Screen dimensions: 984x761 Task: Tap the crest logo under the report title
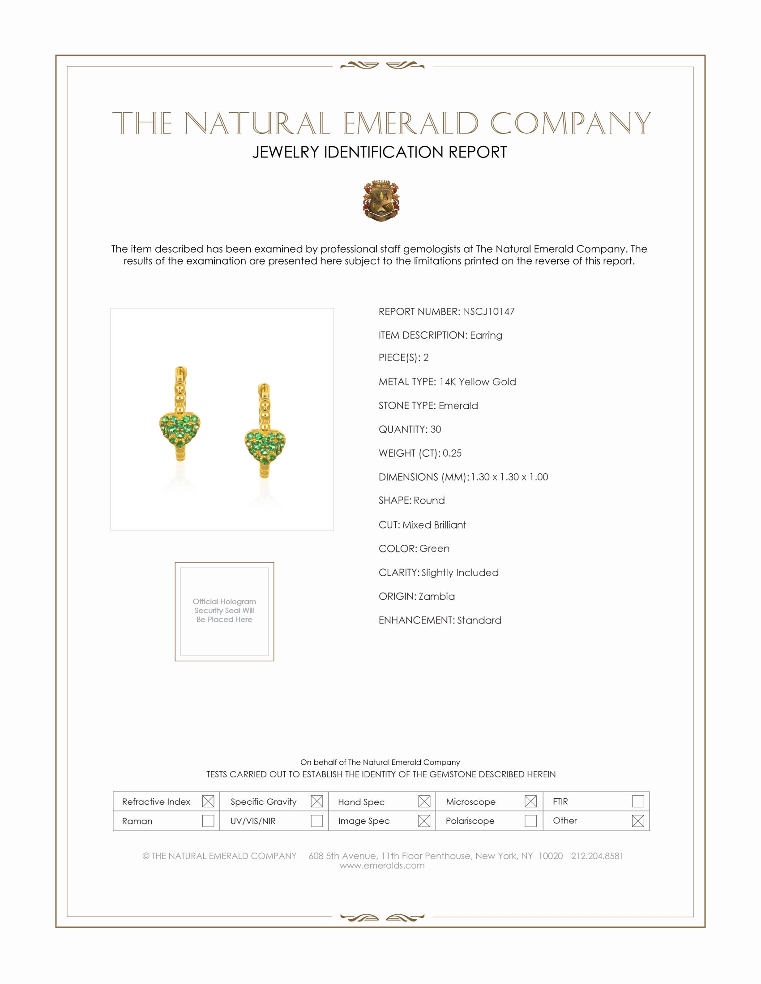pyautogui.click(x=380, y=200)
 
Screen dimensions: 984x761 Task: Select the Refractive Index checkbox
pyautogui.click(x=208, y=802)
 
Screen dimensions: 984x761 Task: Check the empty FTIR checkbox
pyautogui.click(x=637, y=802)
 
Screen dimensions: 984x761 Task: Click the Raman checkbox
pyautogui.click(x=208, y=821)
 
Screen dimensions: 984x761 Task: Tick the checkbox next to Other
pyautogui.click(x=637, y=821)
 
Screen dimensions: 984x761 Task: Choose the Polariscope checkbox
pyautogui.click(x=530, y=821)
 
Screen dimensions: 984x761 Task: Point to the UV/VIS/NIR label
pyautogui.click(x=252, y=821)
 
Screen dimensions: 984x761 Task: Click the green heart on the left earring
pyautogui.click(x=180, y=430)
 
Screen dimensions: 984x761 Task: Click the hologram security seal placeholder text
pyautogui.click(x=224, y=611)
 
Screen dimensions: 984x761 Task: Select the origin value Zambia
pyautogui.click(x=436, y=597)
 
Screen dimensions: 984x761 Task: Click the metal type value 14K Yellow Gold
pyautogui.click(x=478, y=382)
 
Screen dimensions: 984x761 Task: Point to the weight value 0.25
pyautogui.click(x=452, y=453)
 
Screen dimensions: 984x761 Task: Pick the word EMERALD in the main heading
pyautogui.click(x=410, y=123)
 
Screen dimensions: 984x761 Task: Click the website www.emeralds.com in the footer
pyautogui.click(x=382, y=865)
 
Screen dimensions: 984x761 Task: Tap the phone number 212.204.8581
pyautogui.click(x=597, y=856)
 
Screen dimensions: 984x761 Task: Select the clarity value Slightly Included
pyautogui.click(x=460, y=573)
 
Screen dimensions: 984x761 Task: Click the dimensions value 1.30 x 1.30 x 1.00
pyautogui.click(x=509, y=477)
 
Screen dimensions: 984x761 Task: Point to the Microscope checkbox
pyautogui.click(x=530, y=802)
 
